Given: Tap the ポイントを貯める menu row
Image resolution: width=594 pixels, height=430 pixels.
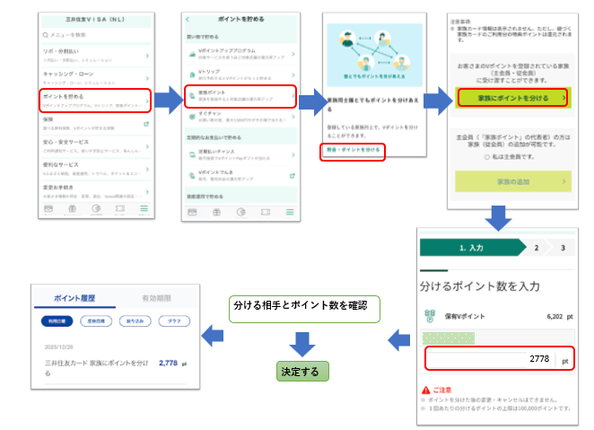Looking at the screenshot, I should tap(94, 98).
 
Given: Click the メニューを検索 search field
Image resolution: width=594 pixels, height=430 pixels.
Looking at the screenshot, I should tap(94, 34).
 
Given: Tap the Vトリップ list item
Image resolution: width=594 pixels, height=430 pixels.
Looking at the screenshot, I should tap(239, 73).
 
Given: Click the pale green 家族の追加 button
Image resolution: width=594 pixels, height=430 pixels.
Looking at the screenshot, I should tap(511, 180).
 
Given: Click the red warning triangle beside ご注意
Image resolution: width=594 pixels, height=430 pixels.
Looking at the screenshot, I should tap(425, 390).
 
